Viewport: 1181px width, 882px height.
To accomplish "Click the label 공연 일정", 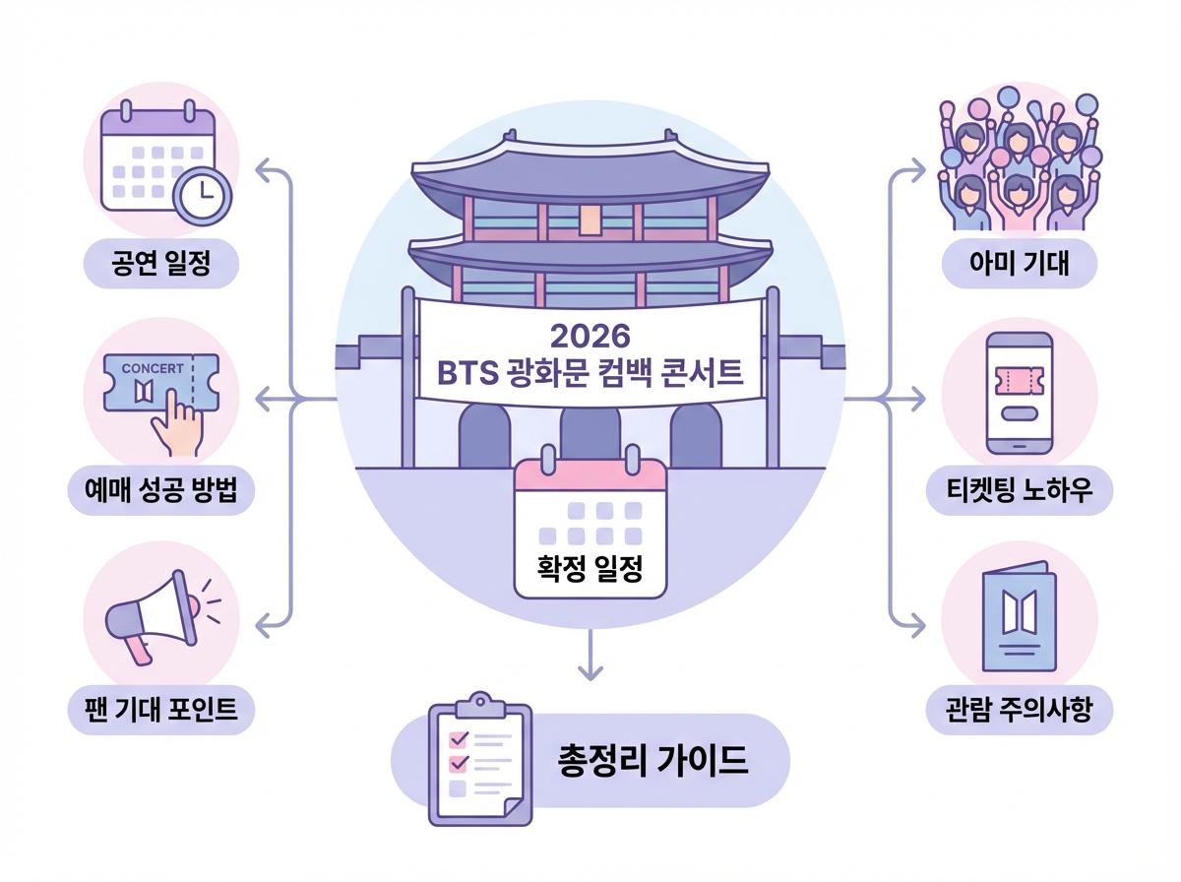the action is pyautogui.click(x=160, y=264).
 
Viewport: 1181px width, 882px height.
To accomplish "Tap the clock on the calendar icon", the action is pyautogui.click(x=202, y=194).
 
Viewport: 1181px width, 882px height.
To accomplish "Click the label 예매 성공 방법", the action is pyautogui.click(x=162, y=489).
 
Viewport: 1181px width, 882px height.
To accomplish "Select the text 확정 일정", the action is pyautogui.click(x=590, y=568).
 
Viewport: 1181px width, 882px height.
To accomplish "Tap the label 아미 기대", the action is pyautogui.click(x=1019, y=264).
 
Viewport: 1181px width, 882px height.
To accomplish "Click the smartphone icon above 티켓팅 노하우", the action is pyautogui.click(x=1019, y=391).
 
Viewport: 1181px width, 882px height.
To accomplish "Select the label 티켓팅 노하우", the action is pyautogui.click(x=1020, y=489).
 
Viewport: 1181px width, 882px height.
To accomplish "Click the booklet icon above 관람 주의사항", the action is pyautogui.click(x=1019, y=618).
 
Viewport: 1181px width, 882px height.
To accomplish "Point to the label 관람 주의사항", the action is pyautogui.click(x=1020, y=709).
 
